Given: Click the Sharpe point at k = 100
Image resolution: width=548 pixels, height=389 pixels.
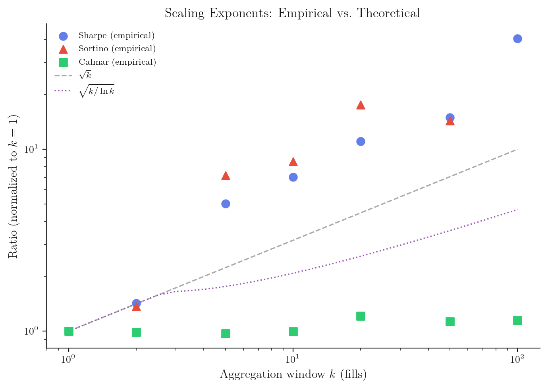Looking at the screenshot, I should coord(517,39).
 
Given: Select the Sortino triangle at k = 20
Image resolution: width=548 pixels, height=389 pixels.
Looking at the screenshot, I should coord(361,105).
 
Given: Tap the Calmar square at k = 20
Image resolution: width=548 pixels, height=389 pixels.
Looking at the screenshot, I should coord(361,316).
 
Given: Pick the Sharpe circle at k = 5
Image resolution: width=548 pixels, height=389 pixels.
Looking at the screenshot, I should coord(226,204).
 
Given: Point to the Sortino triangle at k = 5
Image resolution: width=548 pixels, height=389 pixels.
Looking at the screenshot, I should coord(226,176).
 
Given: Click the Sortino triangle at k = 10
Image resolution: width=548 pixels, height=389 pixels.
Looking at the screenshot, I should coord(293,162).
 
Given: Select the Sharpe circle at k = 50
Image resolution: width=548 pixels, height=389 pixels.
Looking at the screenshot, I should coord(450,117).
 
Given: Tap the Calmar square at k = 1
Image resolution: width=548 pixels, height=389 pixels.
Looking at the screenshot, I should coord(69,331).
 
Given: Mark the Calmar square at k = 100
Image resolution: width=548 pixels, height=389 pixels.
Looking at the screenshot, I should coord(517,320).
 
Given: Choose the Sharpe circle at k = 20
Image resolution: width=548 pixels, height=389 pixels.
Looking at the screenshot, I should coord(361,141).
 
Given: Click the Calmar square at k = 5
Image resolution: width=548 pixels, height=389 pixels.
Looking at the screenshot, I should coord(226,333).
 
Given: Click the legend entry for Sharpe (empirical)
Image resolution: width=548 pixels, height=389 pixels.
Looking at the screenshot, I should coord(116,36).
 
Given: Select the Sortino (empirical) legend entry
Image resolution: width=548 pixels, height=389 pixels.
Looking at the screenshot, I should coord(117,49).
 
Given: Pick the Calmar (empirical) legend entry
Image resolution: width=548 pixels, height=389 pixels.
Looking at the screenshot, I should coord(117,62).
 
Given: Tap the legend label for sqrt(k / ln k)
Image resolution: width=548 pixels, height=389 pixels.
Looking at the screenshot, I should coord(96,91).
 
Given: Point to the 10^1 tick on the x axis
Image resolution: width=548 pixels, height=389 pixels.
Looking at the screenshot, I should coord(293,349).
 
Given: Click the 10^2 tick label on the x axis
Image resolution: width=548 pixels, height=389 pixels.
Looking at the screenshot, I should coord(517,359).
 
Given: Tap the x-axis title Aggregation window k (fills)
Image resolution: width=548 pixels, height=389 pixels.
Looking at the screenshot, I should coord(293,374).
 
